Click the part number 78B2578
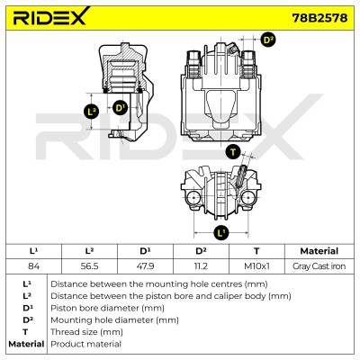(319, 18)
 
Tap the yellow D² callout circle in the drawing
(267, 40)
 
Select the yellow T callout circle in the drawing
(233, 151)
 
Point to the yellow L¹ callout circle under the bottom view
(221, 233)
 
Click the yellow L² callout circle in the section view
(91, 112)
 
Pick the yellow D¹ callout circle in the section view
(120, 107)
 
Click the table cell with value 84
(33, 266)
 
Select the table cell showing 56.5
(89, 266)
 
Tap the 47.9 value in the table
(145, 266)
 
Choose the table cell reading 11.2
(201, 266)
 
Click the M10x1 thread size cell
(256, 266)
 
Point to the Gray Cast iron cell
(319, 266)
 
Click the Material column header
(319, 251)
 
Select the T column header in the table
(256, 251)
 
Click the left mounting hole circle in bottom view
(193, 198)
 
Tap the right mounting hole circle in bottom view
(248, 198)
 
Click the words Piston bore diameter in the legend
(94, 308)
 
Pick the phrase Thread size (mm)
(86, 332)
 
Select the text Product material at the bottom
(85, 344)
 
